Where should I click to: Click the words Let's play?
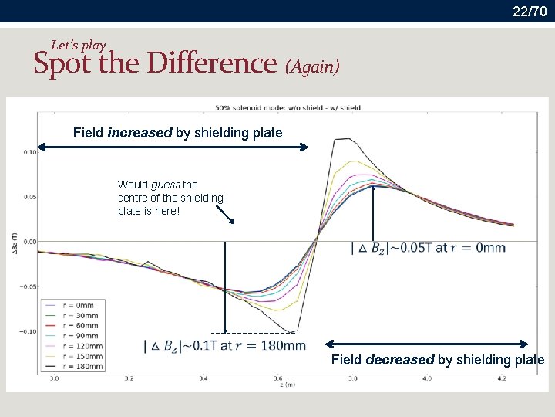click(79, 46)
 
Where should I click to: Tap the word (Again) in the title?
click(312, 67)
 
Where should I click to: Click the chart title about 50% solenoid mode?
click(288, 107)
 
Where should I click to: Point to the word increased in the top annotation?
click(140, 133)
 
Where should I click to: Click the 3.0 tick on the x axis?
click(55, 379)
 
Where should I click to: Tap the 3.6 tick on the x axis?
click(278, 379)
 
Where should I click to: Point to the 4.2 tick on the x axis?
click(502, 379)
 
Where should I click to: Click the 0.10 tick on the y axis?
click(29, 152)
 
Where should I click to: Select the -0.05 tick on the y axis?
click(28, 286)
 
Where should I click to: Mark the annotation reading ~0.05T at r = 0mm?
click(429, 248)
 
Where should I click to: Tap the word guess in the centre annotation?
click(165, 185)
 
